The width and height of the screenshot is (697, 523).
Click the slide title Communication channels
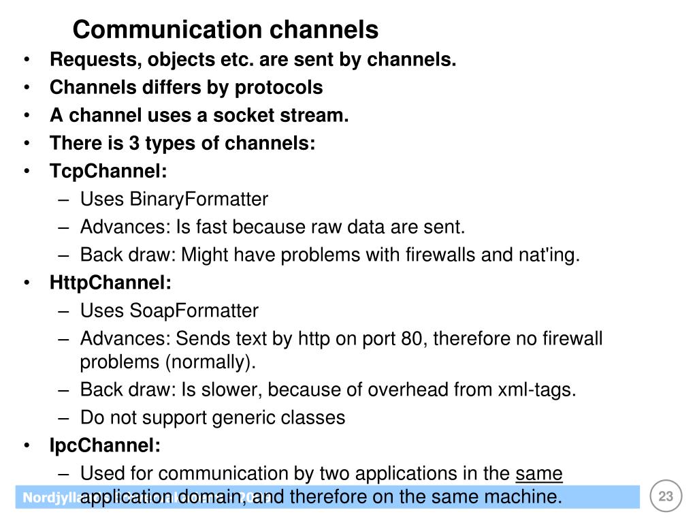click(x=225, y=30)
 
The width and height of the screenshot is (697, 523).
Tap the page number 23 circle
click(x=666, y=496)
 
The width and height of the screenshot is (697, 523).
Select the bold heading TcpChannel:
click(x=108, y=171)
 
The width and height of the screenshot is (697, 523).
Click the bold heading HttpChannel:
click(x=111, y=282)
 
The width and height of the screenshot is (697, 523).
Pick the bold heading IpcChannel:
click(x=106, y=446)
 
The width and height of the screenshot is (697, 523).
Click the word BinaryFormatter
click(x=199, y=200)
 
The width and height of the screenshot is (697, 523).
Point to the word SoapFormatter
click(x=194, y=311)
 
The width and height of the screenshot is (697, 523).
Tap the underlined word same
click(x=540, y=473)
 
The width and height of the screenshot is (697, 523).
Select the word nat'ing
click(x=551, y=255)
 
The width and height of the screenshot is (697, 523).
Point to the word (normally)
click(x=210, y=362)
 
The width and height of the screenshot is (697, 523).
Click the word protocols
click(x=279, y=88)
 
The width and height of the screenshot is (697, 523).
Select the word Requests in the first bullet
click(x=93, y=60)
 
